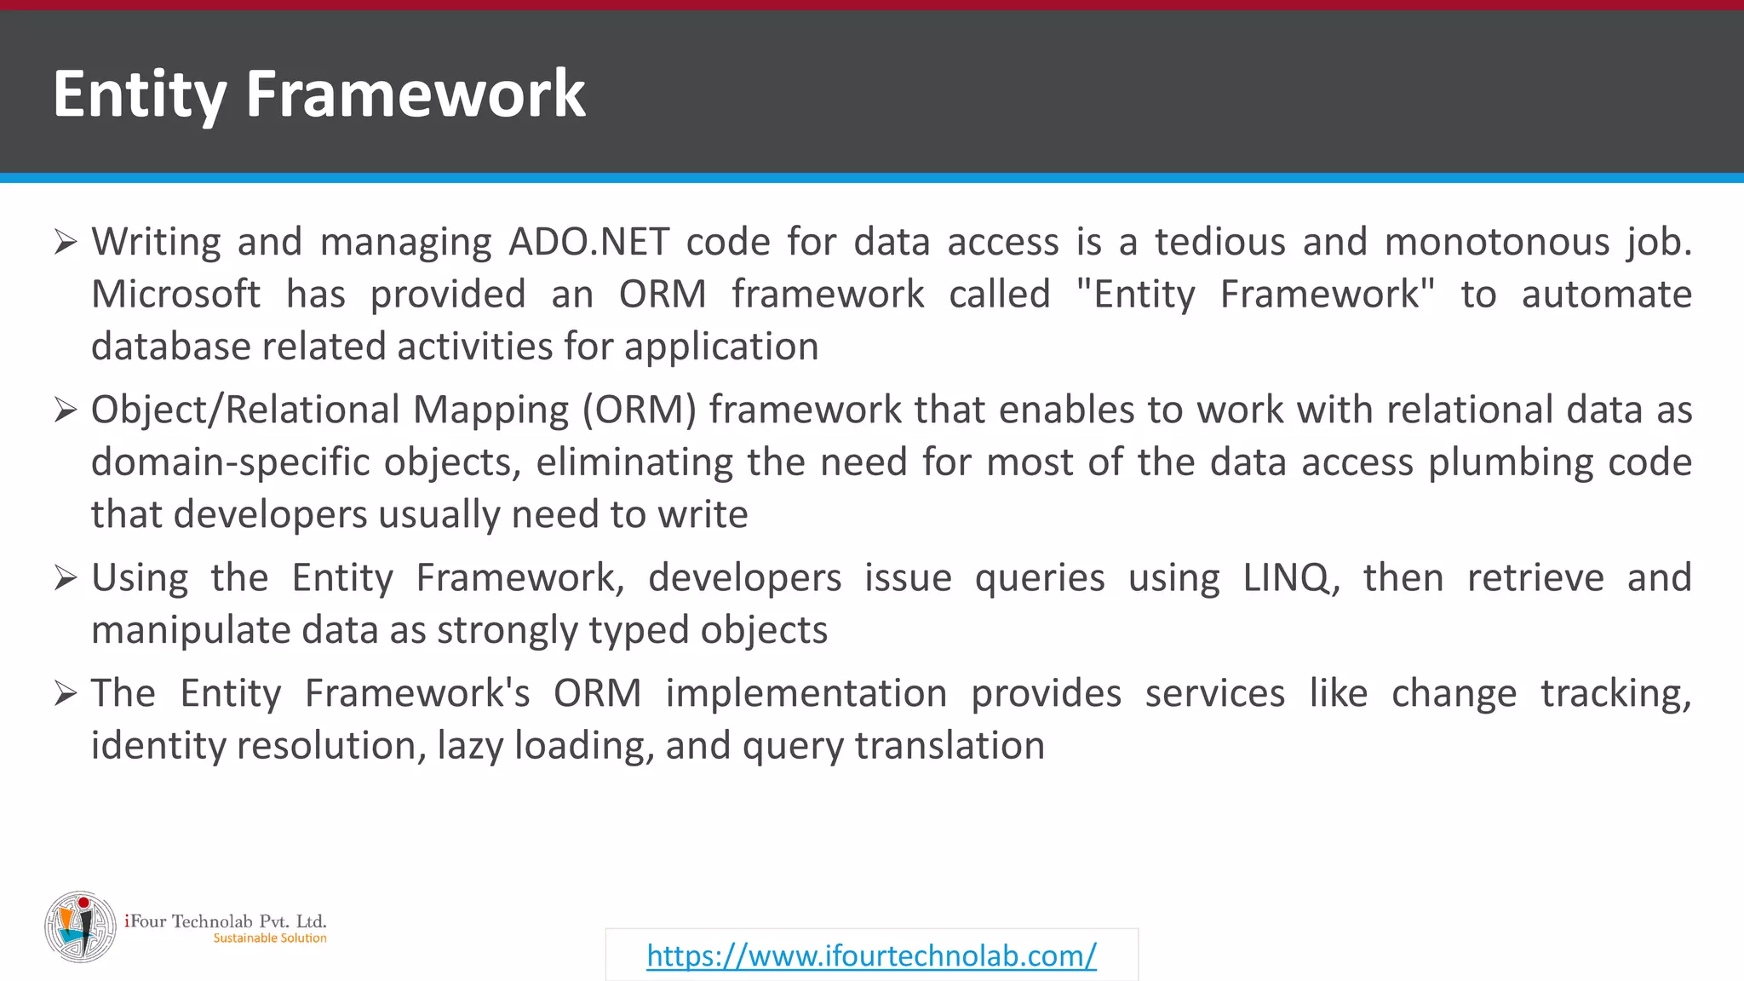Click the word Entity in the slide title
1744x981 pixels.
click(x=140, y=94)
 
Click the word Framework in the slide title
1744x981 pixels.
click(x=416, y=94)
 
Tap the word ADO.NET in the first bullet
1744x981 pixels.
click(x=589, y=242)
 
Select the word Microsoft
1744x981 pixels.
click(x=175, y=295)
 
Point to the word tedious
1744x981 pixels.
click(x=1219, y=242)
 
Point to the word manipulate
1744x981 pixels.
click(x=190, y=631)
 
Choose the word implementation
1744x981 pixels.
click(x=806, y=693)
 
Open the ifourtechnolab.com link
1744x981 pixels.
click(x=871, y=955)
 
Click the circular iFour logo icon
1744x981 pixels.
click(x=81, y=926)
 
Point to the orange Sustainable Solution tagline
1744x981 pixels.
click(x=270, y=938)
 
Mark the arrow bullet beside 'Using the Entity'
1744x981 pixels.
click(x=66, y=578)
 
